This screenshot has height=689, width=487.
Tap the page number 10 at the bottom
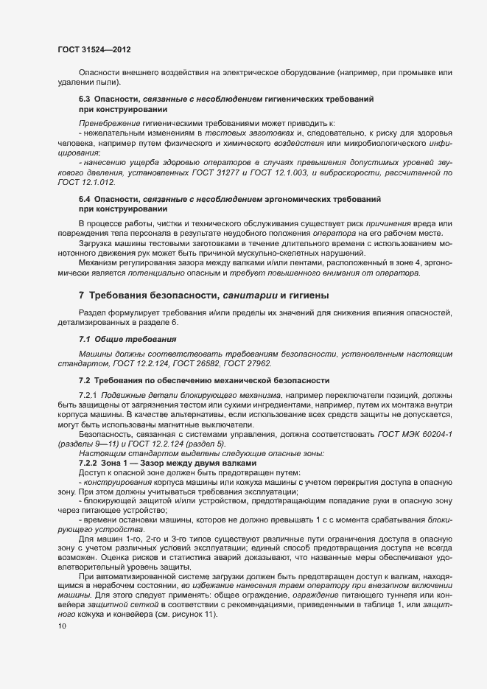[x=62, y=626]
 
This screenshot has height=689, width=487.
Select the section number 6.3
[x=84, y=98]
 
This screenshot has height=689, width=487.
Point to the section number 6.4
[x=84, y=200]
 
